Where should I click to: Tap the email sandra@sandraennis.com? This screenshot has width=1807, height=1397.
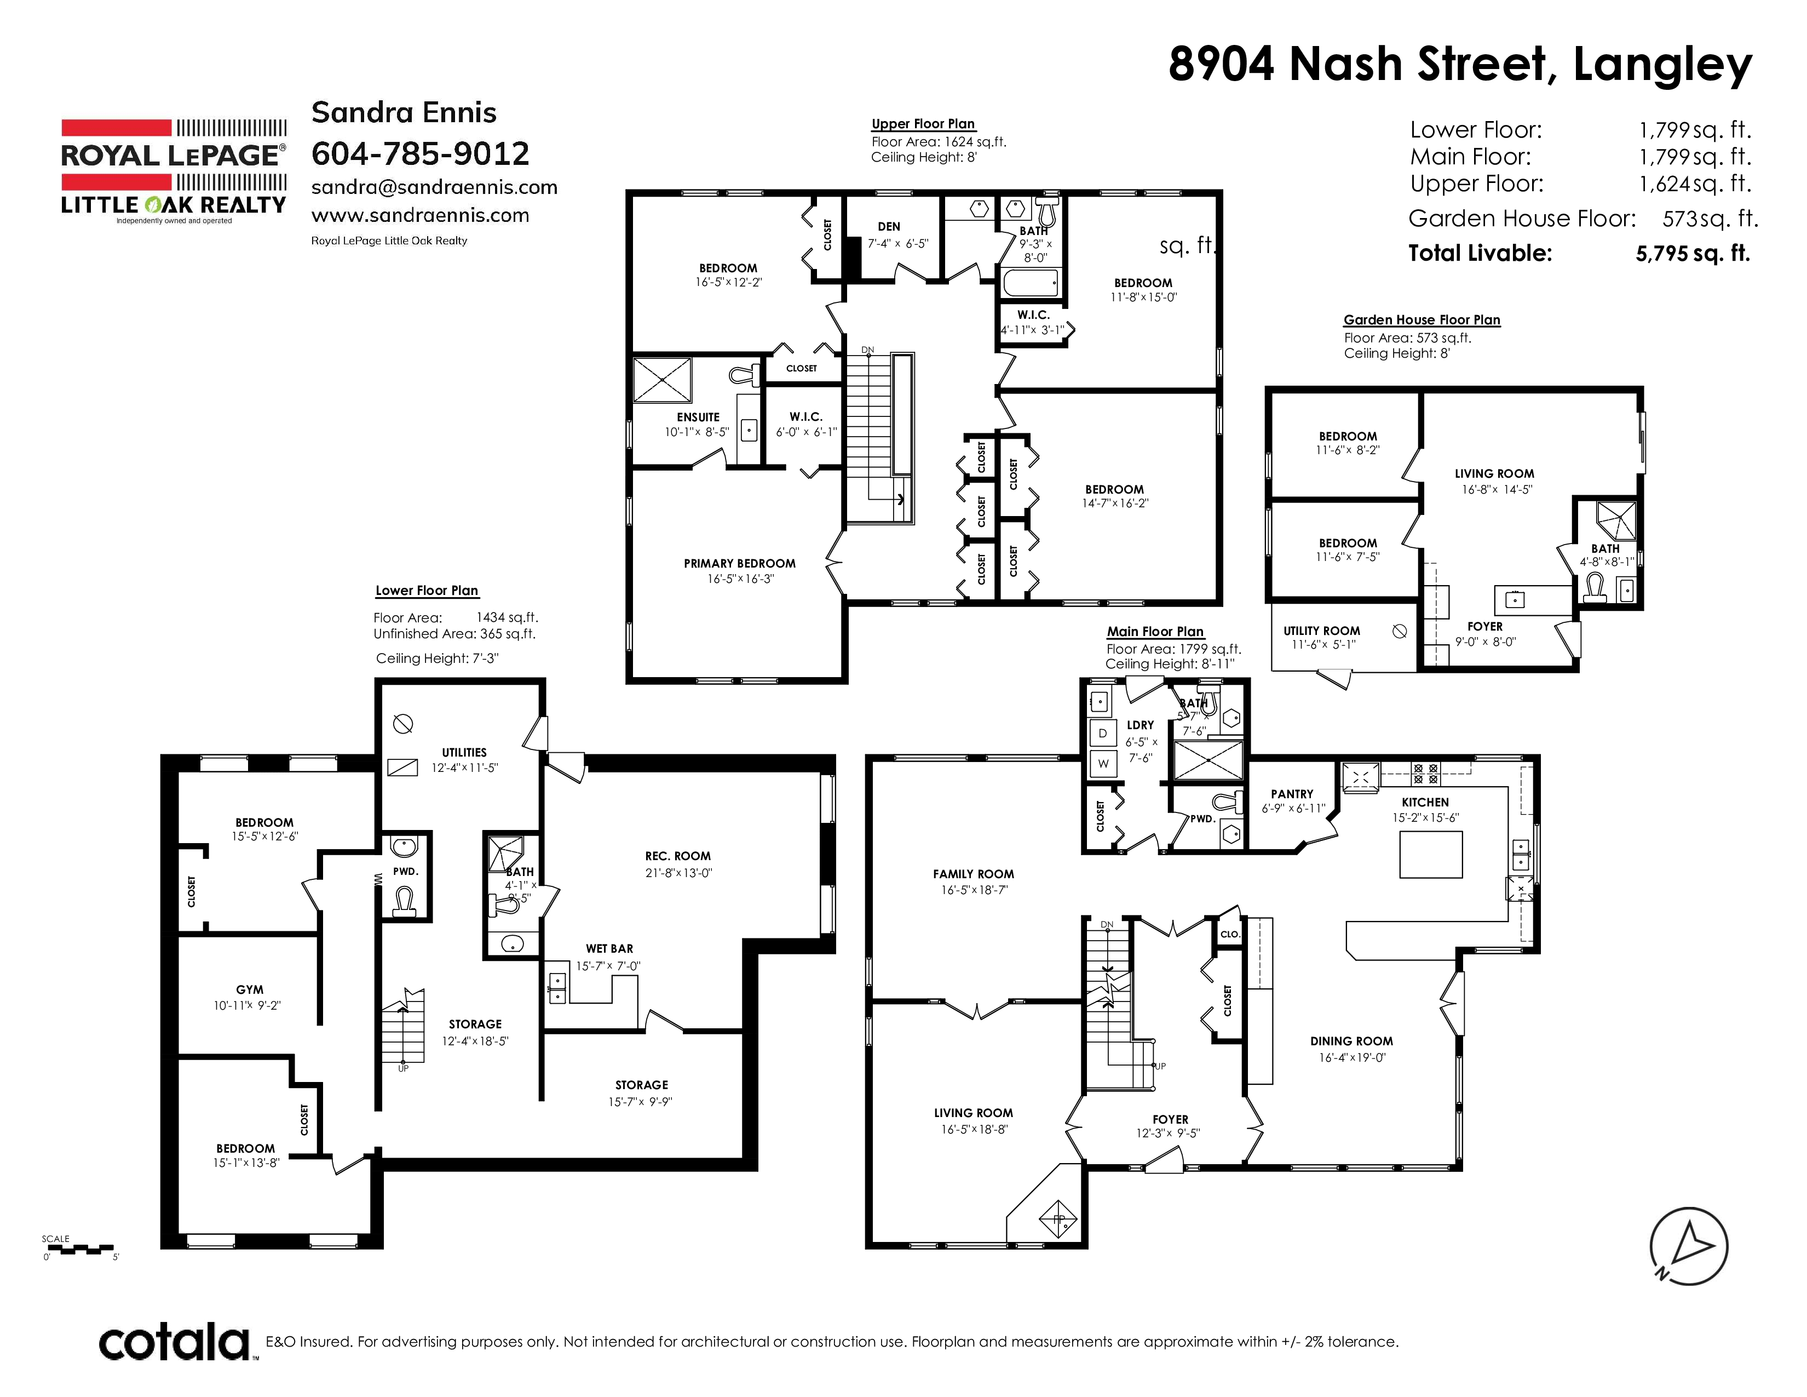coord(434,188)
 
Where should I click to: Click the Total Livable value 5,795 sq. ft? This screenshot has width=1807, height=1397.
coord(1693,253)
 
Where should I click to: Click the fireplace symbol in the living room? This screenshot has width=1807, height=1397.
coord(1058,1219)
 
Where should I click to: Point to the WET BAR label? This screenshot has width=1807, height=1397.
coord(610,948)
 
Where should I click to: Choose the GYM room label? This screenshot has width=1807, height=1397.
coord(250,990)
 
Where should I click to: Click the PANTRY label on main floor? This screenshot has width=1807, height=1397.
coord(1292,794)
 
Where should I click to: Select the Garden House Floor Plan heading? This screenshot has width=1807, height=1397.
coord(1422,320)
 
